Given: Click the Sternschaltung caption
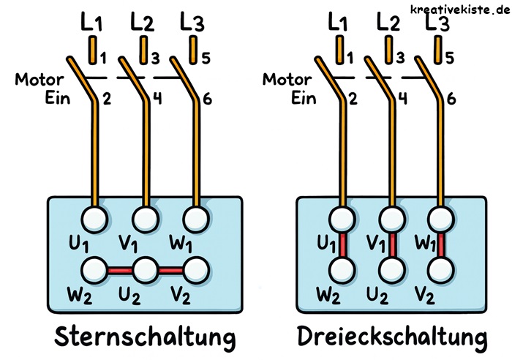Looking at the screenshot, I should (x=145, y=337).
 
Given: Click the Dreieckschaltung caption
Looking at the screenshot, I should (x=392, y=337).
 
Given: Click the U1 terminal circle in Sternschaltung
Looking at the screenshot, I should (x=95, y=219).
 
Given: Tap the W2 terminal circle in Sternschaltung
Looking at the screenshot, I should (x=95, y=269).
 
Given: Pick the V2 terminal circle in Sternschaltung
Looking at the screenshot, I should (x=195, y=269).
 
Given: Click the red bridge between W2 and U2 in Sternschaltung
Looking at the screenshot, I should (x=120, y=270).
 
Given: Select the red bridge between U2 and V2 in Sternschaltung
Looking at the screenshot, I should (x=170, y=270).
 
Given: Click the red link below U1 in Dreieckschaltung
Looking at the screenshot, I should (x=341, y=244).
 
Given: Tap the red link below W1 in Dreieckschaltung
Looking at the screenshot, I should (x=440, y=244).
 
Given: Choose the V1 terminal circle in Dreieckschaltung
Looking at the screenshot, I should (x=391, y=218).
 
